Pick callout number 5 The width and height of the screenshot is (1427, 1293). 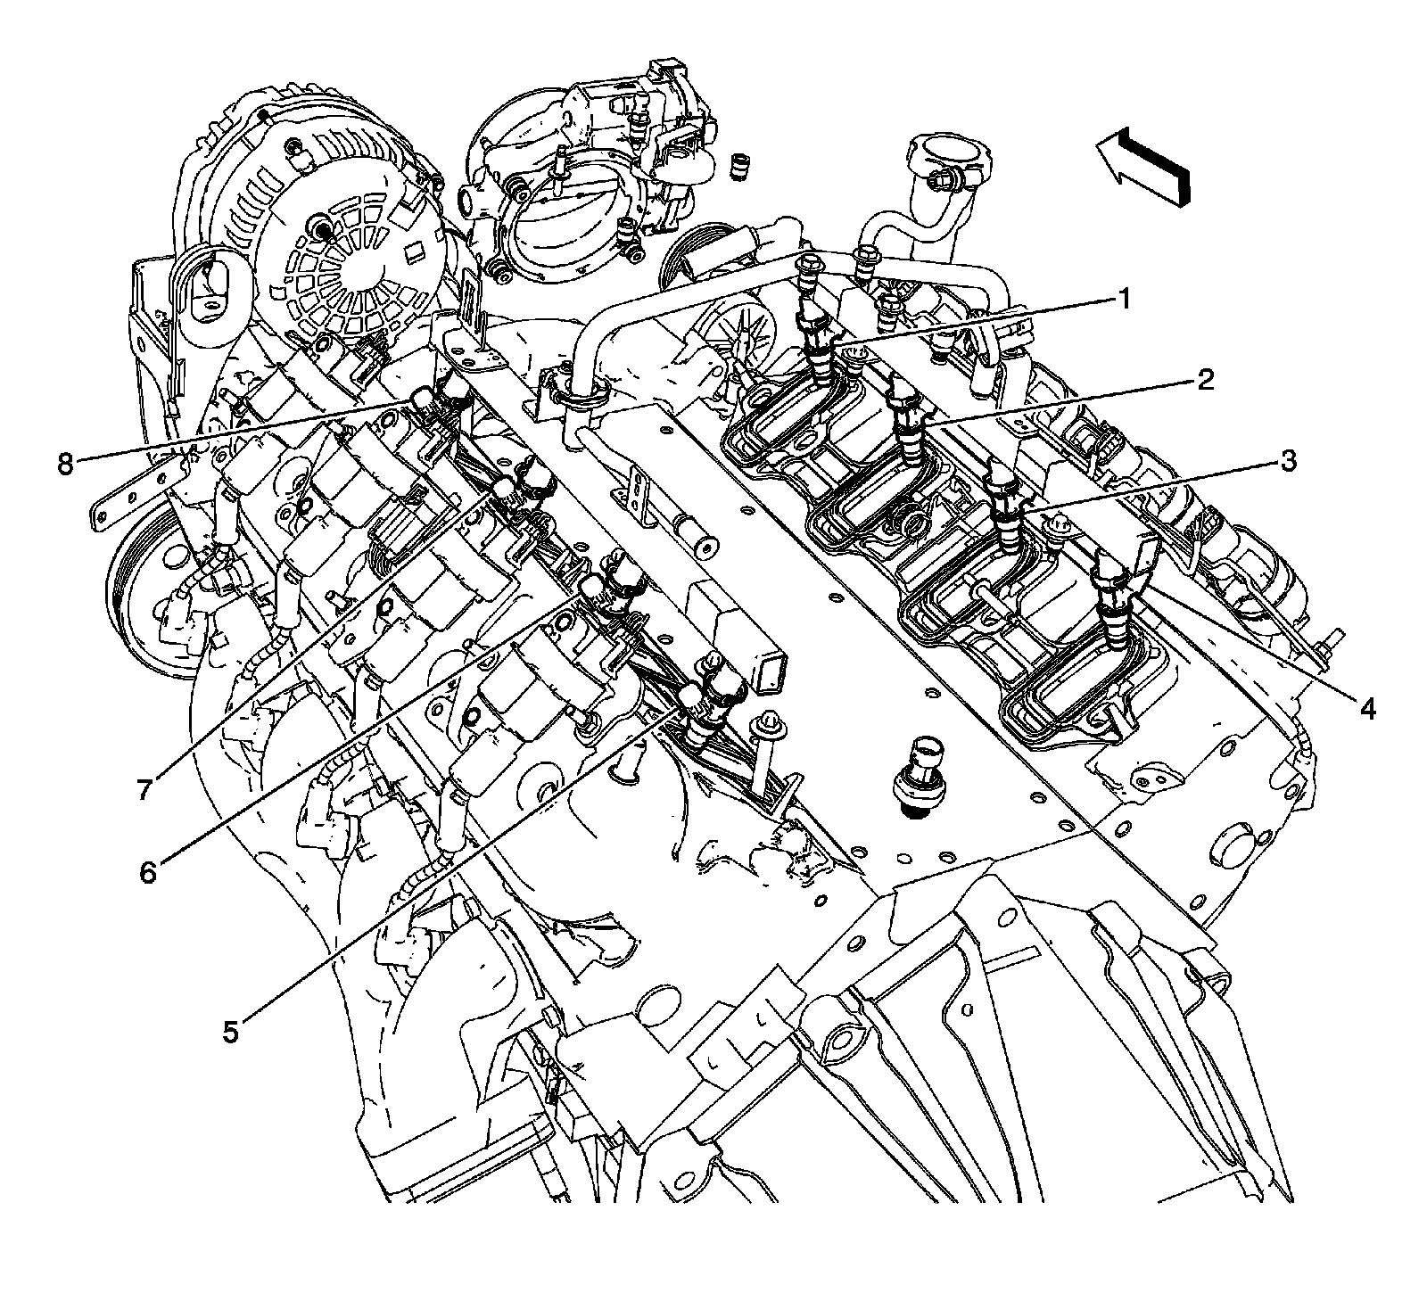coord(230,1032)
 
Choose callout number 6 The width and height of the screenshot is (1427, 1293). coord(148,871)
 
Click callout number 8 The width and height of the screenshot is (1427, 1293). coord(64,465)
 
